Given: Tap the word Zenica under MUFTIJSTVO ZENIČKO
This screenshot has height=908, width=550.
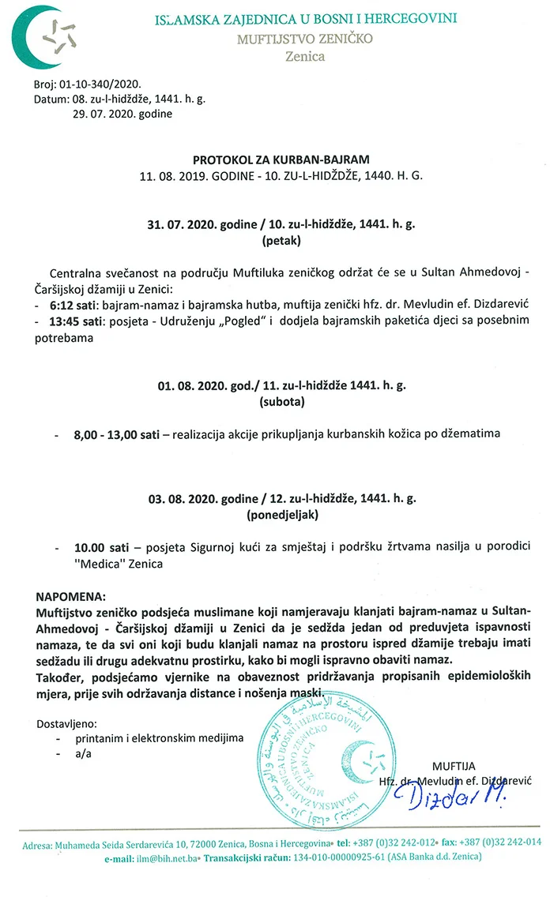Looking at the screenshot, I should coord(305,56).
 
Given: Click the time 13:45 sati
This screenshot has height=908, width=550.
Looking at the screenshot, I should coord(75,321).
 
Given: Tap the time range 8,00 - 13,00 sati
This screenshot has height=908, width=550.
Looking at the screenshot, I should coord(117,434).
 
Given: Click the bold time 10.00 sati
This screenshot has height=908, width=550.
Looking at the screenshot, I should coord(102,547).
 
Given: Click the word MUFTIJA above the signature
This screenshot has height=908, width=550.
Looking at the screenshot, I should coord(452,765).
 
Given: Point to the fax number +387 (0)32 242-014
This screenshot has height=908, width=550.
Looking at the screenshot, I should coord(499,842).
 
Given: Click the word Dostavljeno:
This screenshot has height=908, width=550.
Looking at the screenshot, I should coord(67,722).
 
